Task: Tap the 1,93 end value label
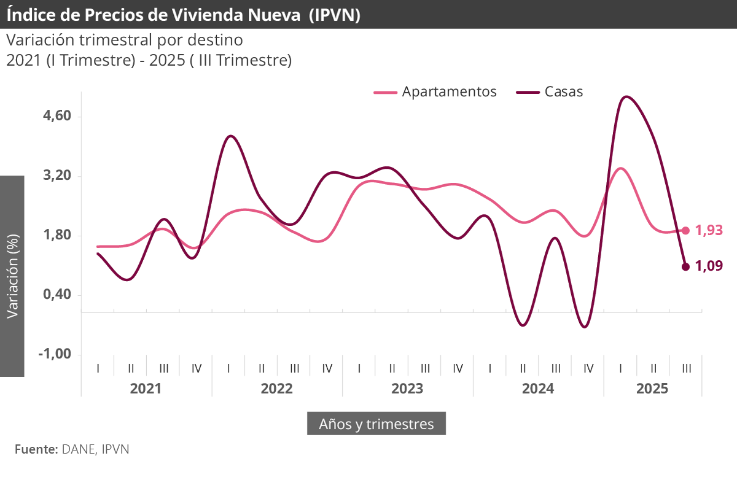[x=709, y=230]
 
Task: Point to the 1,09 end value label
[x=709, y=266]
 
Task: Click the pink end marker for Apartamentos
[x=686, y=231]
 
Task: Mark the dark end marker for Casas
[x=686, y=266]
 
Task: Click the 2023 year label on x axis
[x=407, y=389]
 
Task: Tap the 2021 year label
[x=146, y=389]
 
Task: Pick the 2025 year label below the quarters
[x=653, y=389]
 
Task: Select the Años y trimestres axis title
[x=376, y=424]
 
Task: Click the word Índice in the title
[x=30, y=14]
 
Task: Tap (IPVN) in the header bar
[x=334, y=14]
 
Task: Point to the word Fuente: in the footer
[x=36, y=449]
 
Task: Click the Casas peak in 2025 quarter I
[x=625, y=96]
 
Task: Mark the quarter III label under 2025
[x=687, y=368]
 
